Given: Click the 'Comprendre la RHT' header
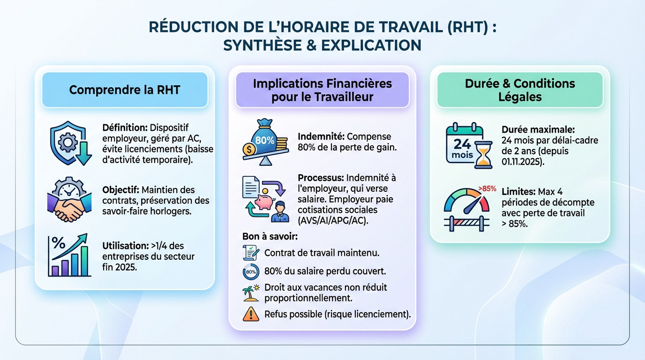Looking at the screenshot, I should point(125,90).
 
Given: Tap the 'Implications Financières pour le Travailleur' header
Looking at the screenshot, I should point(322,90).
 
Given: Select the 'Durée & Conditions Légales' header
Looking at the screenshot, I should point(519,90).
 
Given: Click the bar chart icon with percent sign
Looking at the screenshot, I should point(68,255).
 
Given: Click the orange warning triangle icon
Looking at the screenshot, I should point(251,314).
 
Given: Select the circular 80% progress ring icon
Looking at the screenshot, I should point(251,271).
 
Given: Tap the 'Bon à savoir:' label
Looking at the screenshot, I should point(270,236).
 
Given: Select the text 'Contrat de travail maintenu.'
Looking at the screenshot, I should point(322,253).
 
